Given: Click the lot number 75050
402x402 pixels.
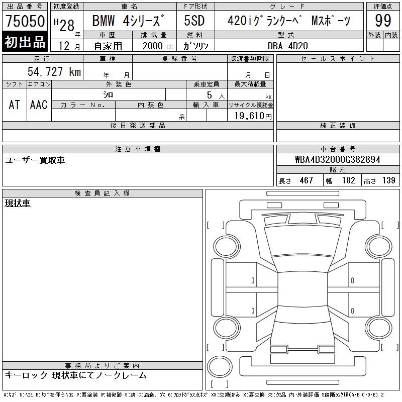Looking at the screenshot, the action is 25,21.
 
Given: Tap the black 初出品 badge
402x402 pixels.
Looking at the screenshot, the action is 25,42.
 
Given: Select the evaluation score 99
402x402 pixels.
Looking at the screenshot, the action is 383,21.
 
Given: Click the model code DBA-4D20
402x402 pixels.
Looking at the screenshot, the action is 287,46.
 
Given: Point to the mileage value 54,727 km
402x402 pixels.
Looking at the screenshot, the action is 54,71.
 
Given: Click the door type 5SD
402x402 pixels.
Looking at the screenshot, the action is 194,21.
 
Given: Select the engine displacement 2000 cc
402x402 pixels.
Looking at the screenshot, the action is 157,46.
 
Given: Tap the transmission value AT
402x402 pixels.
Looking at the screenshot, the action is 15,105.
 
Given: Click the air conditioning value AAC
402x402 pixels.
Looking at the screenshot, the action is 39,105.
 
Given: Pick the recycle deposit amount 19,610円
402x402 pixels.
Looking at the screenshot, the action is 253,116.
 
